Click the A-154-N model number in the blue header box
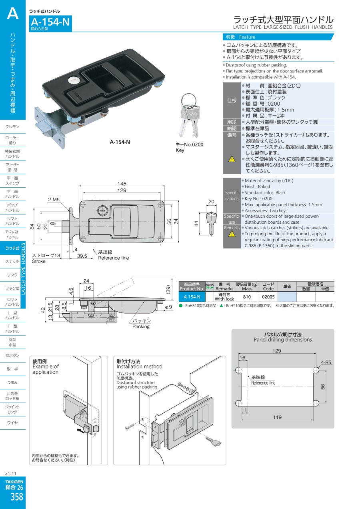pyautogui.click(x=50, y=22)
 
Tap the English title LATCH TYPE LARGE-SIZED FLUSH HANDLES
pyautogui.click(x=283, y=27)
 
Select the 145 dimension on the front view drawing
pyautogui.click(x=122, y=184)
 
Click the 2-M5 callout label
pyautogui.click(x=54, y=199)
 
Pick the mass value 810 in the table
pyautogui.click(x=247, y=297)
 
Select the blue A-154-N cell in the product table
pyautogui.click(x=192, y=297)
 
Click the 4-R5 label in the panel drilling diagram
pyautogui.click(x=326, y=363)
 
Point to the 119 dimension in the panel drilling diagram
pyautogui.click(x=277, y=417)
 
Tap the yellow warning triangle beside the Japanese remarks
pyautogui.click(x=232, y=159)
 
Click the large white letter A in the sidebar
pyautogui.click(x=13, y=14)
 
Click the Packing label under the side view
pyautogui.click(x=141, y=327)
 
